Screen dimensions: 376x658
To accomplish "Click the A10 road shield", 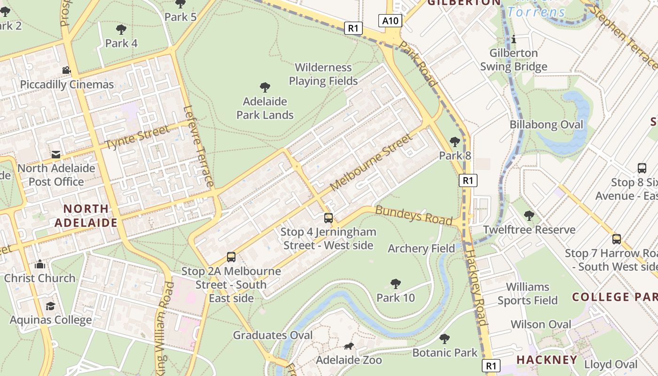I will point(390,21).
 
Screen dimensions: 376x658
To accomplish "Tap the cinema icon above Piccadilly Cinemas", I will point(66,70).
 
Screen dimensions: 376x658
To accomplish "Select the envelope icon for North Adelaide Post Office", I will point(56,154).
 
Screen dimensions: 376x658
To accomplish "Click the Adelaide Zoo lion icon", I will point(349,346).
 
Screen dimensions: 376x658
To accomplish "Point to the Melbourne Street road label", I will point(371,163).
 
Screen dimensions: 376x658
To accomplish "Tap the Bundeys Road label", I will point(414,215).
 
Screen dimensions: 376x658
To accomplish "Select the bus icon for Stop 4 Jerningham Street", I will point(329,218).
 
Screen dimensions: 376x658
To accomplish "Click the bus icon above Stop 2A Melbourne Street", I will point(231,257).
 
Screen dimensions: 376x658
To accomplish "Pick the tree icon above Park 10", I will point(396,284).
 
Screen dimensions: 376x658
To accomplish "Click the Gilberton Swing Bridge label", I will point(513,60).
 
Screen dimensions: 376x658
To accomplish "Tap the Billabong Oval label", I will point(546,125).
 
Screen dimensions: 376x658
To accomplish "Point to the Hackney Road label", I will point(476,288).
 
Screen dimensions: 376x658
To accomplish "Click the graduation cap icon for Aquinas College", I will point(50,306).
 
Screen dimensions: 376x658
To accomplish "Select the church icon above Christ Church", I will point(40,264).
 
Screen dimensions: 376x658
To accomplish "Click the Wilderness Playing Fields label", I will point(323,74).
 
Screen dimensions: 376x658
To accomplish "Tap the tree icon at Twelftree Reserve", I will point(529,216).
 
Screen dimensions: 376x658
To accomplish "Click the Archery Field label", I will point(421,249).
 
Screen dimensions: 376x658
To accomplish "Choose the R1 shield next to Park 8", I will point(468,180).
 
